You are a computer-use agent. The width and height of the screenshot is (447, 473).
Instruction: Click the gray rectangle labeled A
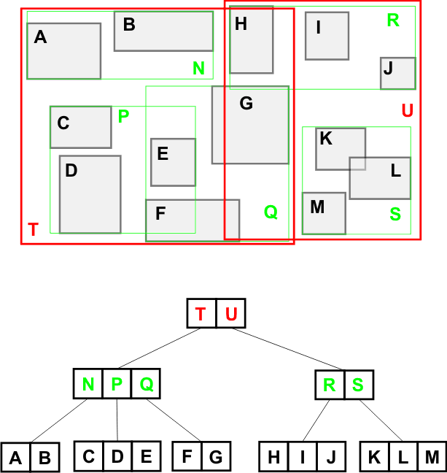(63, 51)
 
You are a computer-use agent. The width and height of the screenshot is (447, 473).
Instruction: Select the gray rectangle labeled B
(163, 31)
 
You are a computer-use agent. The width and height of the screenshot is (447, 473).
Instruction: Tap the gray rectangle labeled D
(90, 194)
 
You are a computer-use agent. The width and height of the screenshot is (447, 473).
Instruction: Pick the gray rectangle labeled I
(327, 36)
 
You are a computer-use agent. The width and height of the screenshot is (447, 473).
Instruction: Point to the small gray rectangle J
(397, 74)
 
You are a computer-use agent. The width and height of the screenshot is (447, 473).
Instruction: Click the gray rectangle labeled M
(324, 213)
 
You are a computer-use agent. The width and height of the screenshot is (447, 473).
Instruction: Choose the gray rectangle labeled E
(173, 162)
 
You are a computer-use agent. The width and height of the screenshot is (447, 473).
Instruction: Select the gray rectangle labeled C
(80, 127)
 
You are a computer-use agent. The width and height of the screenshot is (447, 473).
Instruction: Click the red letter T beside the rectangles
(33, 230)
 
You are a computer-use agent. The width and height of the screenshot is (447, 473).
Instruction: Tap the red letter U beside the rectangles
(407, 111)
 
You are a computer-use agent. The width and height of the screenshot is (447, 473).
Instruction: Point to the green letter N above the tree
(198, 69)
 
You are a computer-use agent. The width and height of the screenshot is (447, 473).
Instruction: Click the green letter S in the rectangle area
(395, 215)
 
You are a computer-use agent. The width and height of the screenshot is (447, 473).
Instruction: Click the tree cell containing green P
(117, 384)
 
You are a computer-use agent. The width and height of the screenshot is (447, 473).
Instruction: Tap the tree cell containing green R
(330, 384)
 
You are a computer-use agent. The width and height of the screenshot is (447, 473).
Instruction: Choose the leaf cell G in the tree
(216, 457)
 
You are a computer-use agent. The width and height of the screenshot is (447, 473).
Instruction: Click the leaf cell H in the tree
(273, 457)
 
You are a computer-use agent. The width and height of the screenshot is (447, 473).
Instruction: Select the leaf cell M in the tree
(432, 457)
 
